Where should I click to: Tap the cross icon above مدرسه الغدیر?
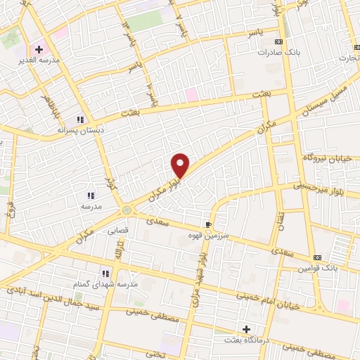[x=39, y=50]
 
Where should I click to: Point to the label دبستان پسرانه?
[x=79, y=130]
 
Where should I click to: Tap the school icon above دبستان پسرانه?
[x=81, y=120]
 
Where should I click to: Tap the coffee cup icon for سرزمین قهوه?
[x=208, y=224]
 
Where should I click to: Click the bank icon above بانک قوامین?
[x=317, y=257]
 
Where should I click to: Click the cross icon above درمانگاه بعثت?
[x=246, y=328]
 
